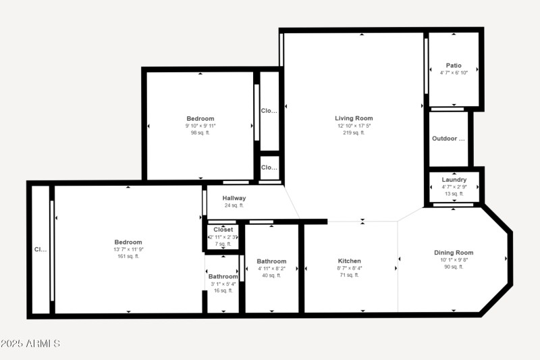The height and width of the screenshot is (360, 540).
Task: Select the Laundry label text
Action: tap(454, 180)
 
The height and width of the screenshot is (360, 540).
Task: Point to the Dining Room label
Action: tap(453, 253)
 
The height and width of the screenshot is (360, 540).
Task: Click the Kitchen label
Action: tap(349, 261)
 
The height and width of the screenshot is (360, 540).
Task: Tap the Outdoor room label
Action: tap(449, 139)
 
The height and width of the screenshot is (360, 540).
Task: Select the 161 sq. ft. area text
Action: tap(128, 257)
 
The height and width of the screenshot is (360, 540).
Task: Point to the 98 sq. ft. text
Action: tap(200, 133)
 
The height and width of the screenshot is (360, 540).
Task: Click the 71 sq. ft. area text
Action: tap(349, 276)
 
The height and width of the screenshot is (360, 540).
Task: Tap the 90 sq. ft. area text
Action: tap(453, 267)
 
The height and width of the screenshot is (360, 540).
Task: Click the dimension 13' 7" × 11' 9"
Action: tap(128, 249)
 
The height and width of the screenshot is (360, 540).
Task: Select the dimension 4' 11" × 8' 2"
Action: tap(271, 268)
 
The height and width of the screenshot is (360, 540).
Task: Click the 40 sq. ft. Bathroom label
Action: tap(271, 261)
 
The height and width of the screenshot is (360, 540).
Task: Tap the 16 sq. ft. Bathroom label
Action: tap(223, 276)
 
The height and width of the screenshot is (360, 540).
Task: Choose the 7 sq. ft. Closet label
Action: tap(223, 230)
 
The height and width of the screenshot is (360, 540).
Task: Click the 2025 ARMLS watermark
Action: tap(30, 344)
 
